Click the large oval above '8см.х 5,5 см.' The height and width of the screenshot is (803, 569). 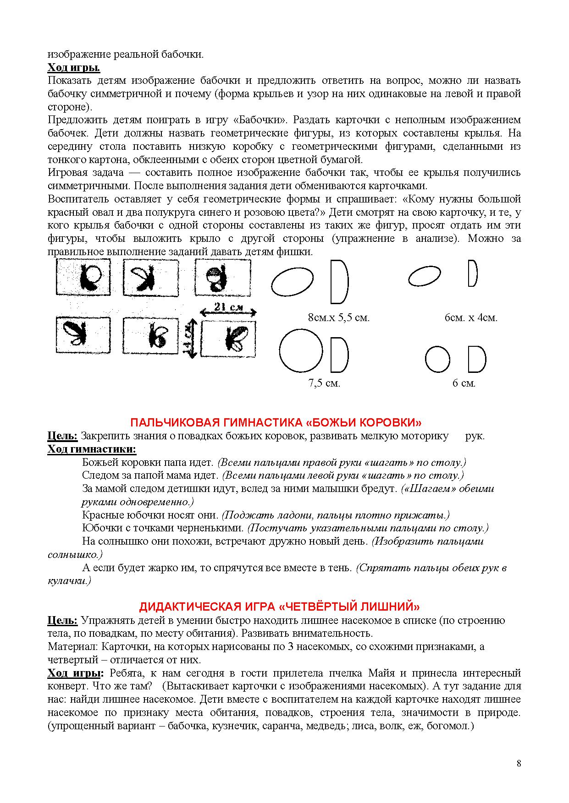pyautogui.click(x=292, y=282)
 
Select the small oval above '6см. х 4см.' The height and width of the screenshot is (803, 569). pyautogui.click(x=425, y=276)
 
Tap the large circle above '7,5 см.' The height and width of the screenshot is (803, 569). pyautogui.click(x=301, y=350)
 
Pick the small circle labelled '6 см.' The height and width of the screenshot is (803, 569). pyautogui.click(x=437, y=359)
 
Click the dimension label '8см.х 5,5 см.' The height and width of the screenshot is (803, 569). pyautogui.click(x=339, y=317)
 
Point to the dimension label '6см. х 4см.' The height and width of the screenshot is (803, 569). pyautogui.click(x=471, y=317)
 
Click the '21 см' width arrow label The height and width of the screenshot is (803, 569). pyautogui.click(x=228, y=308)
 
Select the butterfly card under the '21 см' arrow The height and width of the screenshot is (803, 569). pyautogui.click(x=228, y=339)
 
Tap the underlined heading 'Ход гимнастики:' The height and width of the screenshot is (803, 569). pyautogui.click(x=92, y=449)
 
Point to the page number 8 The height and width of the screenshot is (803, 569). pyautogui.click(x=519, y=763)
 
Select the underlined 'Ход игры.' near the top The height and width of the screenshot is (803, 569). pyautogui.click(x=74, y=68)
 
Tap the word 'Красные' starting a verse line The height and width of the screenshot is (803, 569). pyautogui.click(x=103, y=515)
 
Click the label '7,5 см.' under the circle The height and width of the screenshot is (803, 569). pyautogui.click(x=324, y=383)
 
